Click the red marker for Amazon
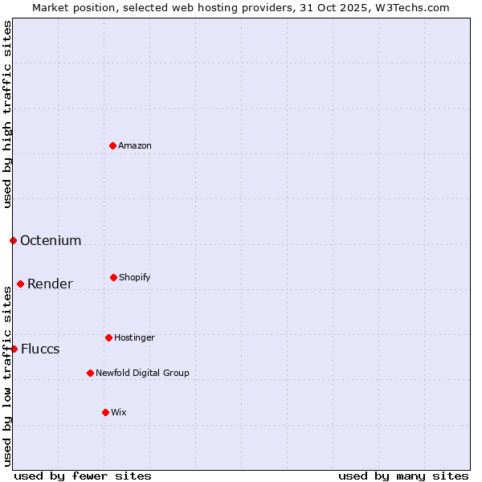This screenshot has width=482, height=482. click(x=112, y=145)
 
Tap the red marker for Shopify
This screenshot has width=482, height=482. click(x=113, y=277)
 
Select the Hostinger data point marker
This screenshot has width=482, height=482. click(x=108, y=337)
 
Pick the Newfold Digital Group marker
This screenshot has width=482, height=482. click(x=90, y=373)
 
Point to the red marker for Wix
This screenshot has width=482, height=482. click(x=105, y=412)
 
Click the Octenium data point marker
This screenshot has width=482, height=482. click(x=13, y=240)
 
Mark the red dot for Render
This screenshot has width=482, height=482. click(x=20, y=284)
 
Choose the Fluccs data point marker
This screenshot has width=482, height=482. click(x=14, y=349)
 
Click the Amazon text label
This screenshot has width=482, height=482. click(x=135, y=145)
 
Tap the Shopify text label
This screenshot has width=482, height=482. click(x=135, y=277)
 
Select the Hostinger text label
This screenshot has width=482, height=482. click(x=134, y=337)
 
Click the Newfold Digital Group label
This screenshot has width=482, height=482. click(x=142, y=373)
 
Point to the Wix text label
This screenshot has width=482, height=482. click(x=119, y=412)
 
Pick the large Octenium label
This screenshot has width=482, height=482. click(x=51, y=240)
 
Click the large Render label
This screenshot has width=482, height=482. click(x=50, y=284)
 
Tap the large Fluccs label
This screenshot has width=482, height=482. click(x=40, y=349)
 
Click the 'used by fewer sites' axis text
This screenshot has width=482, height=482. click(x=83, y=476)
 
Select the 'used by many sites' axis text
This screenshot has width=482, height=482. click(x=403, y=476)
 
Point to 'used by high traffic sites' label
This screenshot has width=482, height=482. click(x=7, y=114)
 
